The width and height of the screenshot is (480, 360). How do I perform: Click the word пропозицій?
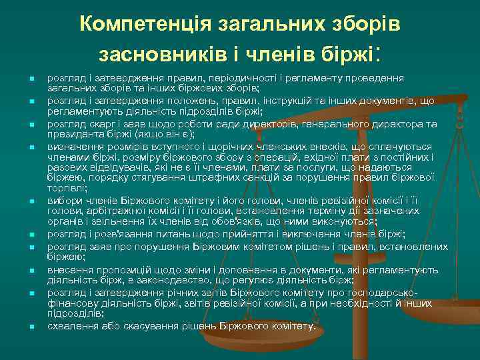[117, 270]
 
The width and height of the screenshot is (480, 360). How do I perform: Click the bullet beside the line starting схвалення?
[31, 327]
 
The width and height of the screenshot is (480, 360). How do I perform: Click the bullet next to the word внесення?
[31, 271]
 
